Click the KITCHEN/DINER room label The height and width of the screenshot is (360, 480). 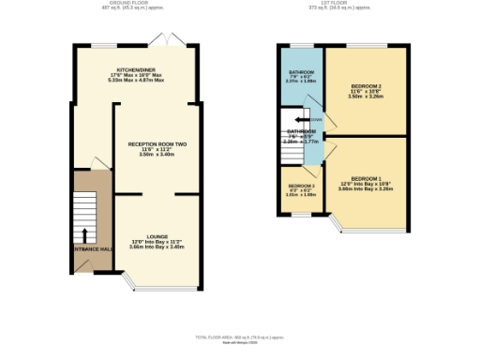[x=135, y=70]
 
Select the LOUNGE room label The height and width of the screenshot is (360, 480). [x=157, y=236]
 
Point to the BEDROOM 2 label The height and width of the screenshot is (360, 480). [x=366, y=84]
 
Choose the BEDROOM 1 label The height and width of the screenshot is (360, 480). [x=366, y=178]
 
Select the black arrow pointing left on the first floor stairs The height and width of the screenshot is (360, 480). [x=301, y=120]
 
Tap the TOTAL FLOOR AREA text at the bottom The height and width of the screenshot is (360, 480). [x=240, y=336]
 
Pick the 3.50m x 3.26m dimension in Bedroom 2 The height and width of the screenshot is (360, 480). [x=366, y=96]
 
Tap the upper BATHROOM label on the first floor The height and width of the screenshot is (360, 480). [x=300, y=71]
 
